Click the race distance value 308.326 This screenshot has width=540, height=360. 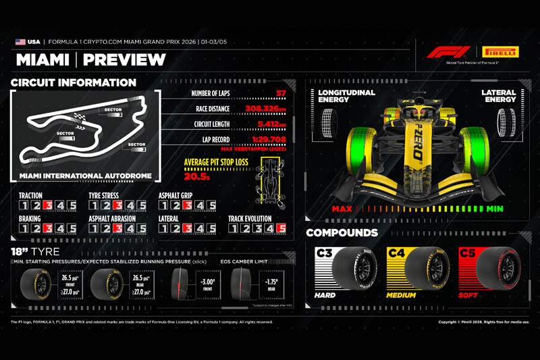(x=266, y=108)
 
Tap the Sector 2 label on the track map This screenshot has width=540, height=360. (x=136, y=145)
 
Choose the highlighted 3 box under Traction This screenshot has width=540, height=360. (x=47, y=205)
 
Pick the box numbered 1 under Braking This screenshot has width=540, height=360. (x=23, y=228)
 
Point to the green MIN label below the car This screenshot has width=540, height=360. (x=494, y=209)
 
